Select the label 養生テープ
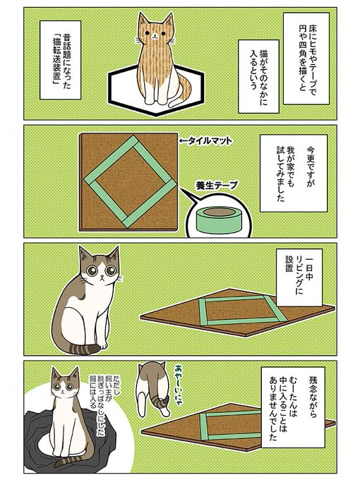pos(217,186)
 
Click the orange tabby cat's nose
pos(155,35)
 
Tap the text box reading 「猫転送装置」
pos(60,60)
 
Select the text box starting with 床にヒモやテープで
pos(306,58)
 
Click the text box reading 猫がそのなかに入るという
pos(258,76)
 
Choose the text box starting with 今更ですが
pos(294,173)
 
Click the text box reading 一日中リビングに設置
pos(299,277)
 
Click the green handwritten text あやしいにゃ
pos(179,385)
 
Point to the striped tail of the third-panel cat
pos(83,349)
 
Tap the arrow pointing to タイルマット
pos(184,140)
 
